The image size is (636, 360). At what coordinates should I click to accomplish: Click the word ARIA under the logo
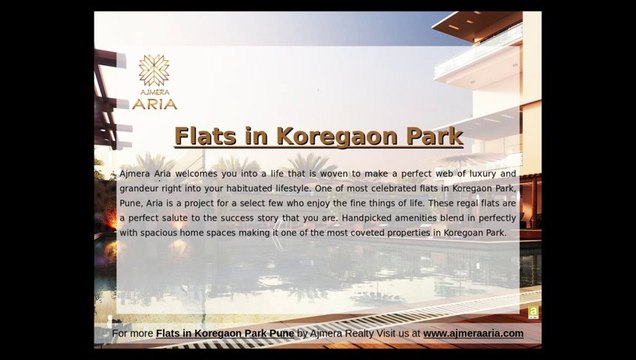pyautogui.click(x=155, y=103)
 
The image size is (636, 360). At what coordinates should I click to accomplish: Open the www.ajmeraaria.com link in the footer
pyautogui.click(x=473, y=333)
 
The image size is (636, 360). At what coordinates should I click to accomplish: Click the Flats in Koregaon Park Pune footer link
pyautogui.click(x=225, y=333)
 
